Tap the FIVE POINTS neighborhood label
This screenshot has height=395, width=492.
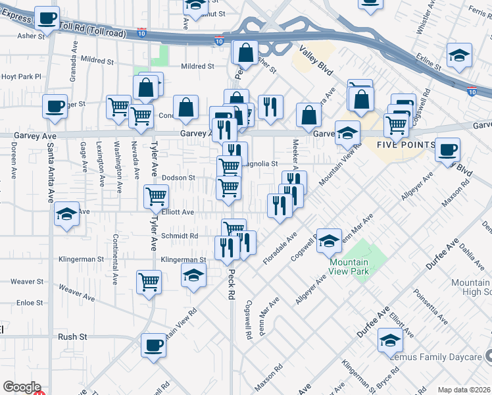click(406, 145)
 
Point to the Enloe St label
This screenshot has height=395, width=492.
click(30, 303)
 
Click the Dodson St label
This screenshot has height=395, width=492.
click(179, 178)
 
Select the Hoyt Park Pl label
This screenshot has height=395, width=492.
click(21, 77)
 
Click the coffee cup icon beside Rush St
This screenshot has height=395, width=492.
click(154, 345)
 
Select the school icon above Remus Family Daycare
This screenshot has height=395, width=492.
click(390, 340)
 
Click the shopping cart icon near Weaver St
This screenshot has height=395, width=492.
click(149, 282)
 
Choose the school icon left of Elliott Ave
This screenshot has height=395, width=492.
click(66, 214)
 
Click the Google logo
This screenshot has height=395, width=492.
click(22, 387)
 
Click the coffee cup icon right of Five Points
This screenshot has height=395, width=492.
click(448, 149)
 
